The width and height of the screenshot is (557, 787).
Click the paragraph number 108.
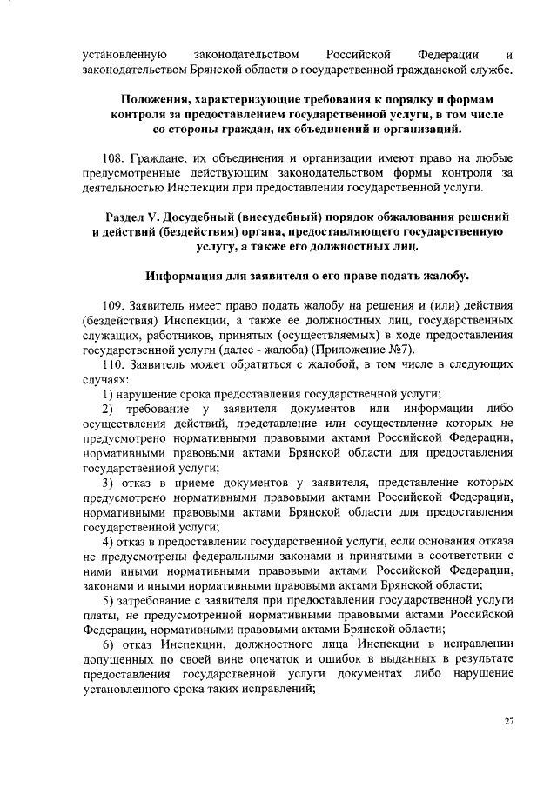click(112, 159)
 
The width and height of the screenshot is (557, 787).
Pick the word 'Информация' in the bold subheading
click(185, 277)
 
